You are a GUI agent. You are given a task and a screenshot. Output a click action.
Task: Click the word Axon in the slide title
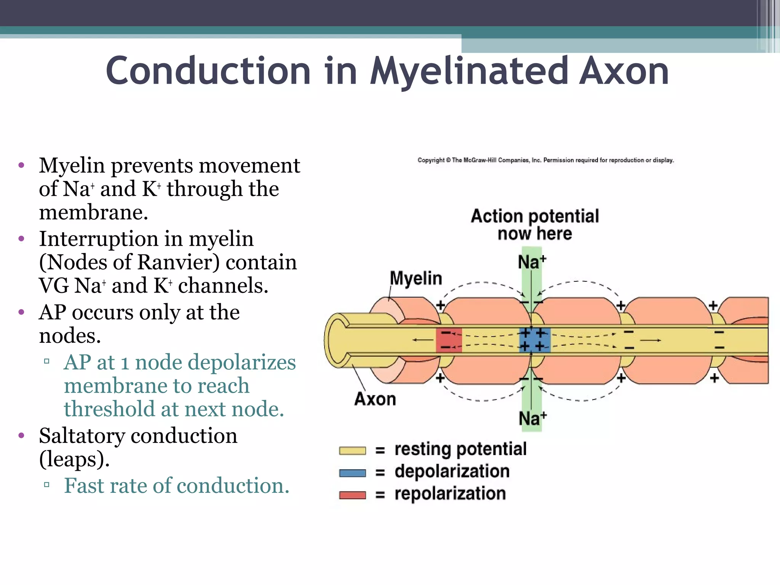coord(623,72)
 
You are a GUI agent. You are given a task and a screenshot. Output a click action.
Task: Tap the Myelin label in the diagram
coord(416,278)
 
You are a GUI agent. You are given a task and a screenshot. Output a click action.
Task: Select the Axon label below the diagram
coord(375,399)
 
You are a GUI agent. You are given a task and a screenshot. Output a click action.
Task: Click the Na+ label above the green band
coord(532,262)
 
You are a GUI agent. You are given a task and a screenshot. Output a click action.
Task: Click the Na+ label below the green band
coord(532,419)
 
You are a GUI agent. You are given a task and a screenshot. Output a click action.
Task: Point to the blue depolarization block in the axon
coord(535,340)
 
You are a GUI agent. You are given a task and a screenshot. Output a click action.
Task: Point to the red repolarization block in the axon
coord(449,340)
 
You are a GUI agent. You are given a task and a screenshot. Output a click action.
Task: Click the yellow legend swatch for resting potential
coord(352,451)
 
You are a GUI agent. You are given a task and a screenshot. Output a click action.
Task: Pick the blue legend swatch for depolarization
coord(352,473)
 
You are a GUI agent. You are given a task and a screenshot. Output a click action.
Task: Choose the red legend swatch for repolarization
coord(352,495)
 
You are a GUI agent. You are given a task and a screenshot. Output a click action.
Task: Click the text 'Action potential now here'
coord(535,225)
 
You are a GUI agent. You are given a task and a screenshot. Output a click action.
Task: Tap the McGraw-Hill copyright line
coord(545,160)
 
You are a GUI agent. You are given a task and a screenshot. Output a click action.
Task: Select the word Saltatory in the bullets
coord(82,436)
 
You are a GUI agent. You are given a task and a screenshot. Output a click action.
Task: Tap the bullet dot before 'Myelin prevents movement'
coord(21,166)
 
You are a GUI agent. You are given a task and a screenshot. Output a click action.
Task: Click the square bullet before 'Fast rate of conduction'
coord(47,485)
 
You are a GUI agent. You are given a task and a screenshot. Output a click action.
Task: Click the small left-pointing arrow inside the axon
coord(420,340)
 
